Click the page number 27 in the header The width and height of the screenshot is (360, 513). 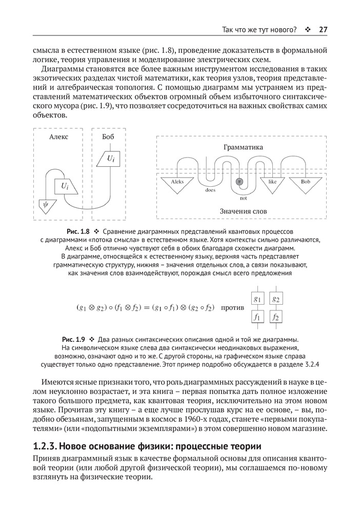[x=323, y=29]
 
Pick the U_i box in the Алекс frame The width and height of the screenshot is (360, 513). [x=65, y=186]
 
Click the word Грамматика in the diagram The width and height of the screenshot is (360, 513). [x=243, y=147]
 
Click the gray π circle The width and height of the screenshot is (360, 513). [x=238, y=182]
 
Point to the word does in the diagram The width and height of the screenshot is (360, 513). [x=210, y=190]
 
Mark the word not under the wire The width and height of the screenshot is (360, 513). [x=243, y=198]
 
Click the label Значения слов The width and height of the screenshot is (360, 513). [x=243, y=211]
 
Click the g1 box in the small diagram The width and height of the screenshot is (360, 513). [x=257, y=299]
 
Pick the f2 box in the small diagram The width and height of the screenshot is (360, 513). [x=276, y=318]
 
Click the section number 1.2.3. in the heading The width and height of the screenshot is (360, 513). [x=47, y=446]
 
